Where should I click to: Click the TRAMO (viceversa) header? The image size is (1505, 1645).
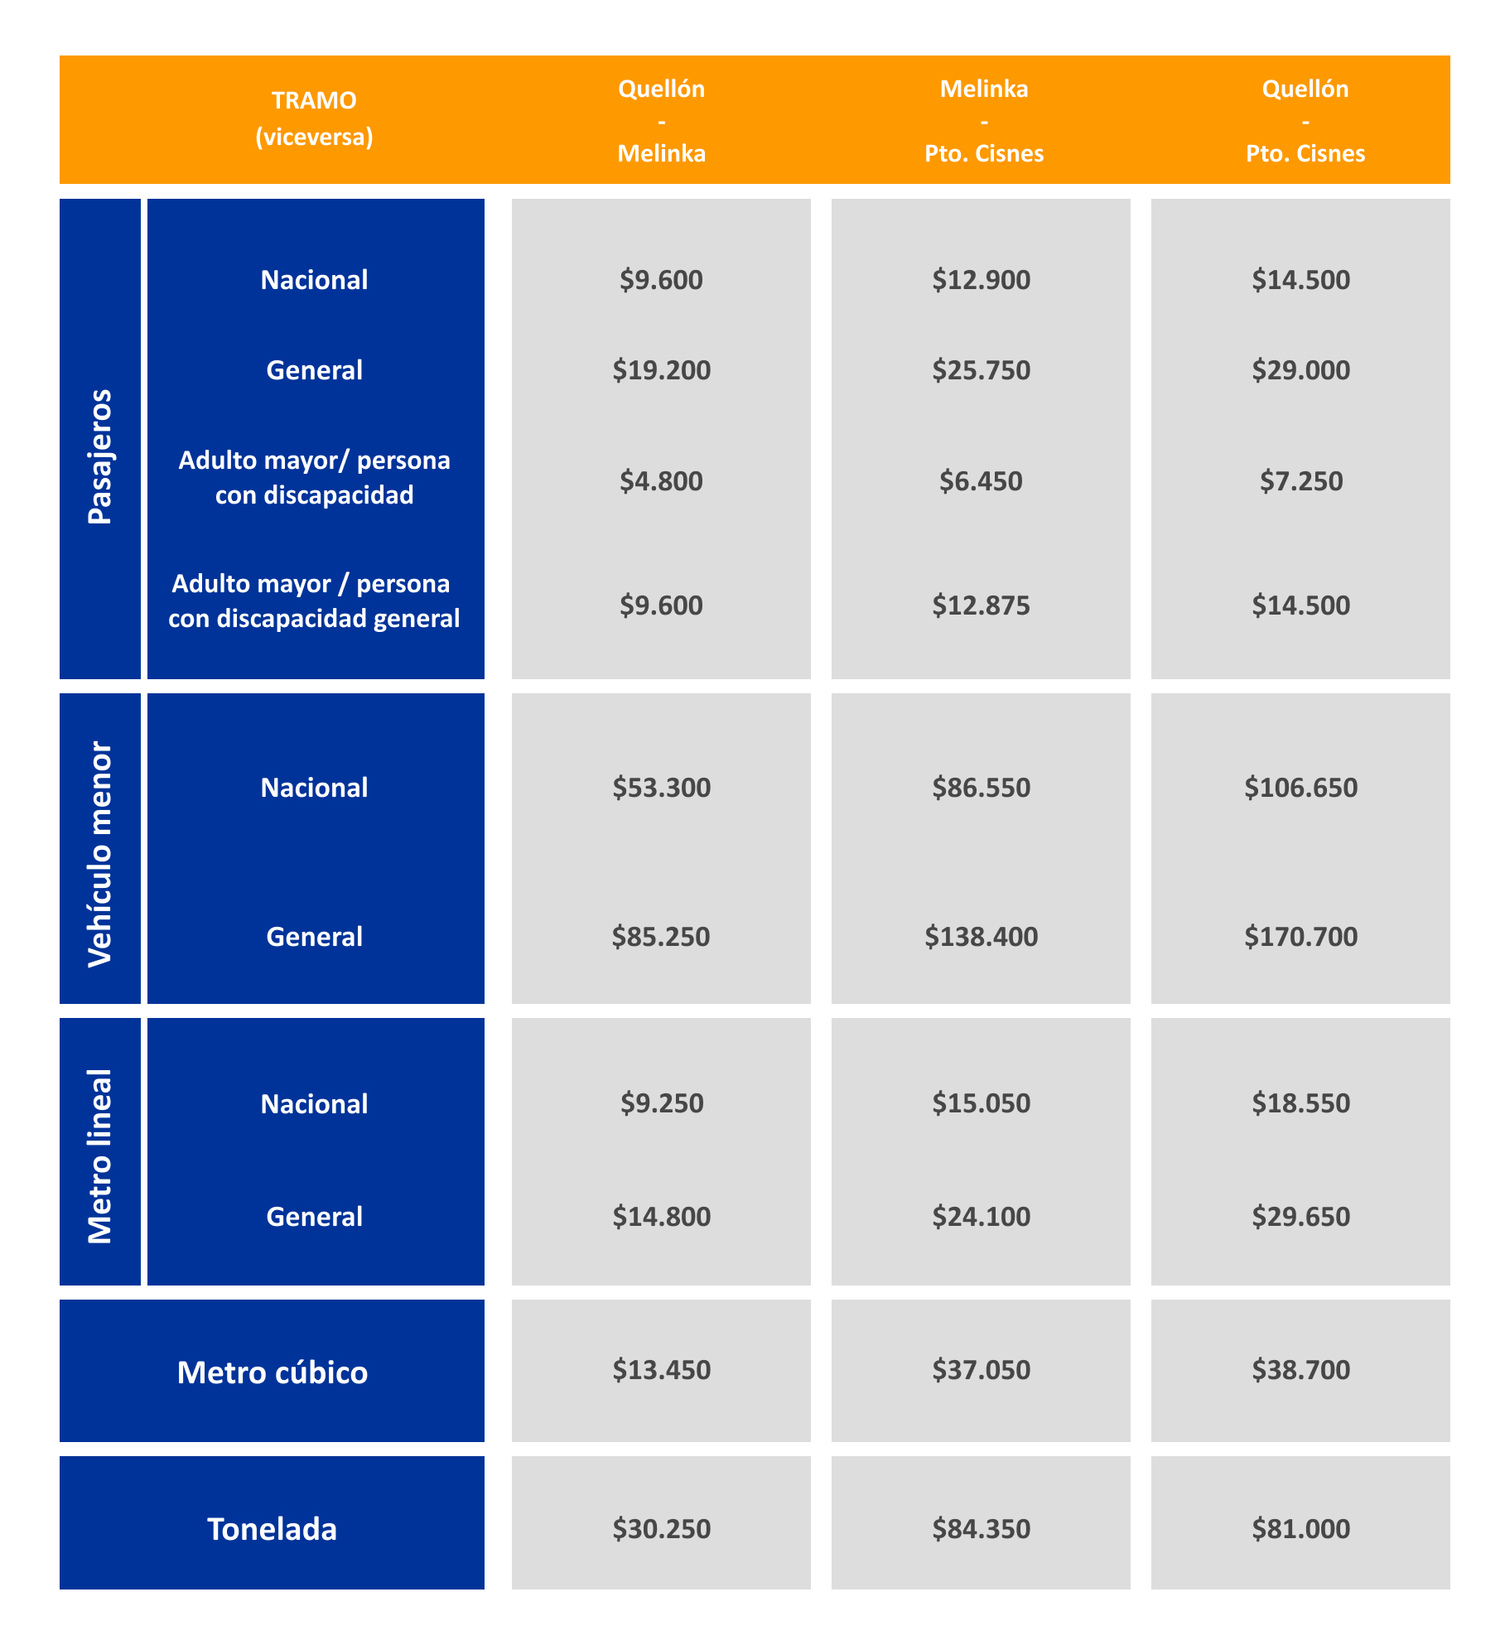[x=314, y=118]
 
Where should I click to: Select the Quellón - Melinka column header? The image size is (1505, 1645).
[x=662, y=121]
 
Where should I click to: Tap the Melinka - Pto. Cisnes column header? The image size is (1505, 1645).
[x=984, y=121]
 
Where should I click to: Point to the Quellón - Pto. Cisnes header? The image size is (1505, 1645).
[x=1305, y=121]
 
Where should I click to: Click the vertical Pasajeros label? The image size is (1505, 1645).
[x=100, y=456]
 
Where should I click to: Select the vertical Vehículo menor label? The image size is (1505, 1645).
[x=100, y=854]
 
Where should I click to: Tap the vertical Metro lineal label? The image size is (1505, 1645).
[x=100, y=1156]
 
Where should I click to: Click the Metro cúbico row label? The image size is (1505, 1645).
[x=273, y=1372]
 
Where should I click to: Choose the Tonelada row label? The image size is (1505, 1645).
[x=273, y=1529]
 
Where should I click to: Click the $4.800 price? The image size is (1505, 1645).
[x=661, y=481]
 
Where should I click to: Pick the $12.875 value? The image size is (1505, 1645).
[x=982, y=605]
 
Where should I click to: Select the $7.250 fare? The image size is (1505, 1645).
[x=1301, y=481]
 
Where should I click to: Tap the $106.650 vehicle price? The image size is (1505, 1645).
[x=1301, y=788]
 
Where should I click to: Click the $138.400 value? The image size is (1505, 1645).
[x=982, y=937]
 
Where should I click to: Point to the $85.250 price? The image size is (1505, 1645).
[x=661, y=937]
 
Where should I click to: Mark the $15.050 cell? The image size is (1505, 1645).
[x=982, y=1103]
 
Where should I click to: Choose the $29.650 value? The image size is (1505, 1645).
[x=1301, y=1217]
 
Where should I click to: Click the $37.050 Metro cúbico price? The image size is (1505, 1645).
[x=982, y=1370]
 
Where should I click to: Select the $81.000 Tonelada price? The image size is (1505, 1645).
[x=1301, y=1529]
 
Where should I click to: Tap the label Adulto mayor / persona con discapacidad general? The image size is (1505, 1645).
[x=314, y=601]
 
